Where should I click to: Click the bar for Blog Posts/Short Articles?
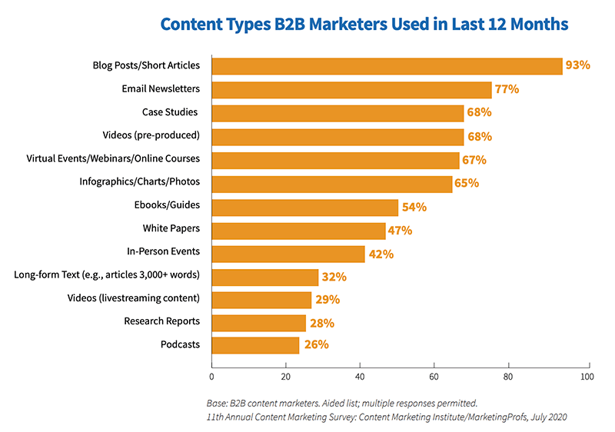click(387, 66)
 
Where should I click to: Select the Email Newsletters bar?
click(351, 90)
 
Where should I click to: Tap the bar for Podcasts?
click(255, 345)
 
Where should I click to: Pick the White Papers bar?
click(298, 231)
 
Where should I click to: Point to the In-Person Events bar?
click(288, 254)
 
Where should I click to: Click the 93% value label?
click(578, 65)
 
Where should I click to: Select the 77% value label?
click(507, 89)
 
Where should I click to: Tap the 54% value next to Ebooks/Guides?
click(414, 207)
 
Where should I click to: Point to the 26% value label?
click(317, 344)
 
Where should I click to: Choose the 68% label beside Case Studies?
click(479, 112)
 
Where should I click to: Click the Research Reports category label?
click(162, 321)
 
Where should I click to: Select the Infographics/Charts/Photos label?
click(140, 181)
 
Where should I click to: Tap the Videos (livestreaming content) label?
click(133, 298)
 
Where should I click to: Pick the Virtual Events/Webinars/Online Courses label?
click(113, 158)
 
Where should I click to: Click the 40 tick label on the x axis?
click(360, 377)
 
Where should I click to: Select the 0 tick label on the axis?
click(212, 377)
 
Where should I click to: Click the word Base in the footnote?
click(217, 404)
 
